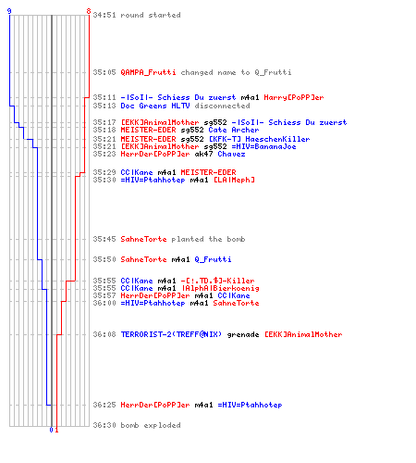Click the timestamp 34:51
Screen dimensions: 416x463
pyautogui.click(x=104, y=15)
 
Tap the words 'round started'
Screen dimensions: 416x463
pyautogui.click(x=151, y=15)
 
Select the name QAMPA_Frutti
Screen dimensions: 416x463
pyautogui.click(x=148, y=72)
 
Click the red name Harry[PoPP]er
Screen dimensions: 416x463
pyautogui.click(x=294, y=97)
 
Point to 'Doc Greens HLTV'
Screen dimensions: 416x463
pyautogui.click(x=155, y=106)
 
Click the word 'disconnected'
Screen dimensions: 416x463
pyautogui.click(x=222, y=106)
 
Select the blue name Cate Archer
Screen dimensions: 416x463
pyautogui.click(x=234, y=130)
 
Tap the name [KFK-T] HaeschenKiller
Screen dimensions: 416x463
pyautogui.click(x=259, y=139)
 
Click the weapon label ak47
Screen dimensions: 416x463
pyautogui.click(x=203, y=154)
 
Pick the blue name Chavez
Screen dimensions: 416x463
pyautogui.click(x=231, y=154)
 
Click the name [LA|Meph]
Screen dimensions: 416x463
pyautogui.click(x=234, y=180)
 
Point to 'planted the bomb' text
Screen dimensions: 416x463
pyautogui.click(x=208, y=239)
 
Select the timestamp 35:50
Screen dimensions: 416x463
pyautogui.click(x=104, y=259)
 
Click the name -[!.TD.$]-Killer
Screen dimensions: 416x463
pyautogui.click(x=217, y=281)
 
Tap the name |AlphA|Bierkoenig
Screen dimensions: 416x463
pyautogui.click(x=221, y=288)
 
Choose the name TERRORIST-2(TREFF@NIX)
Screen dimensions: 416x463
pyautogui.click(x=171, y=334)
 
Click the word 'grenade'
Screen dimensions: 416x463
pyautogui.click(x=243, y=334)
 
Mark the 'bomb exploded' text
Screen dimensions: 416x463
pyautogui.click(x=151, y=425)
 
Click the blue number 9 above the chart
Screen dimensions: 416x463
pyautogui.click(x=9, y=11)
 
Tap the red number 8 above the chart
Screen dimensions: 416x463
pyautogui.click(x=89, y=11)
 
